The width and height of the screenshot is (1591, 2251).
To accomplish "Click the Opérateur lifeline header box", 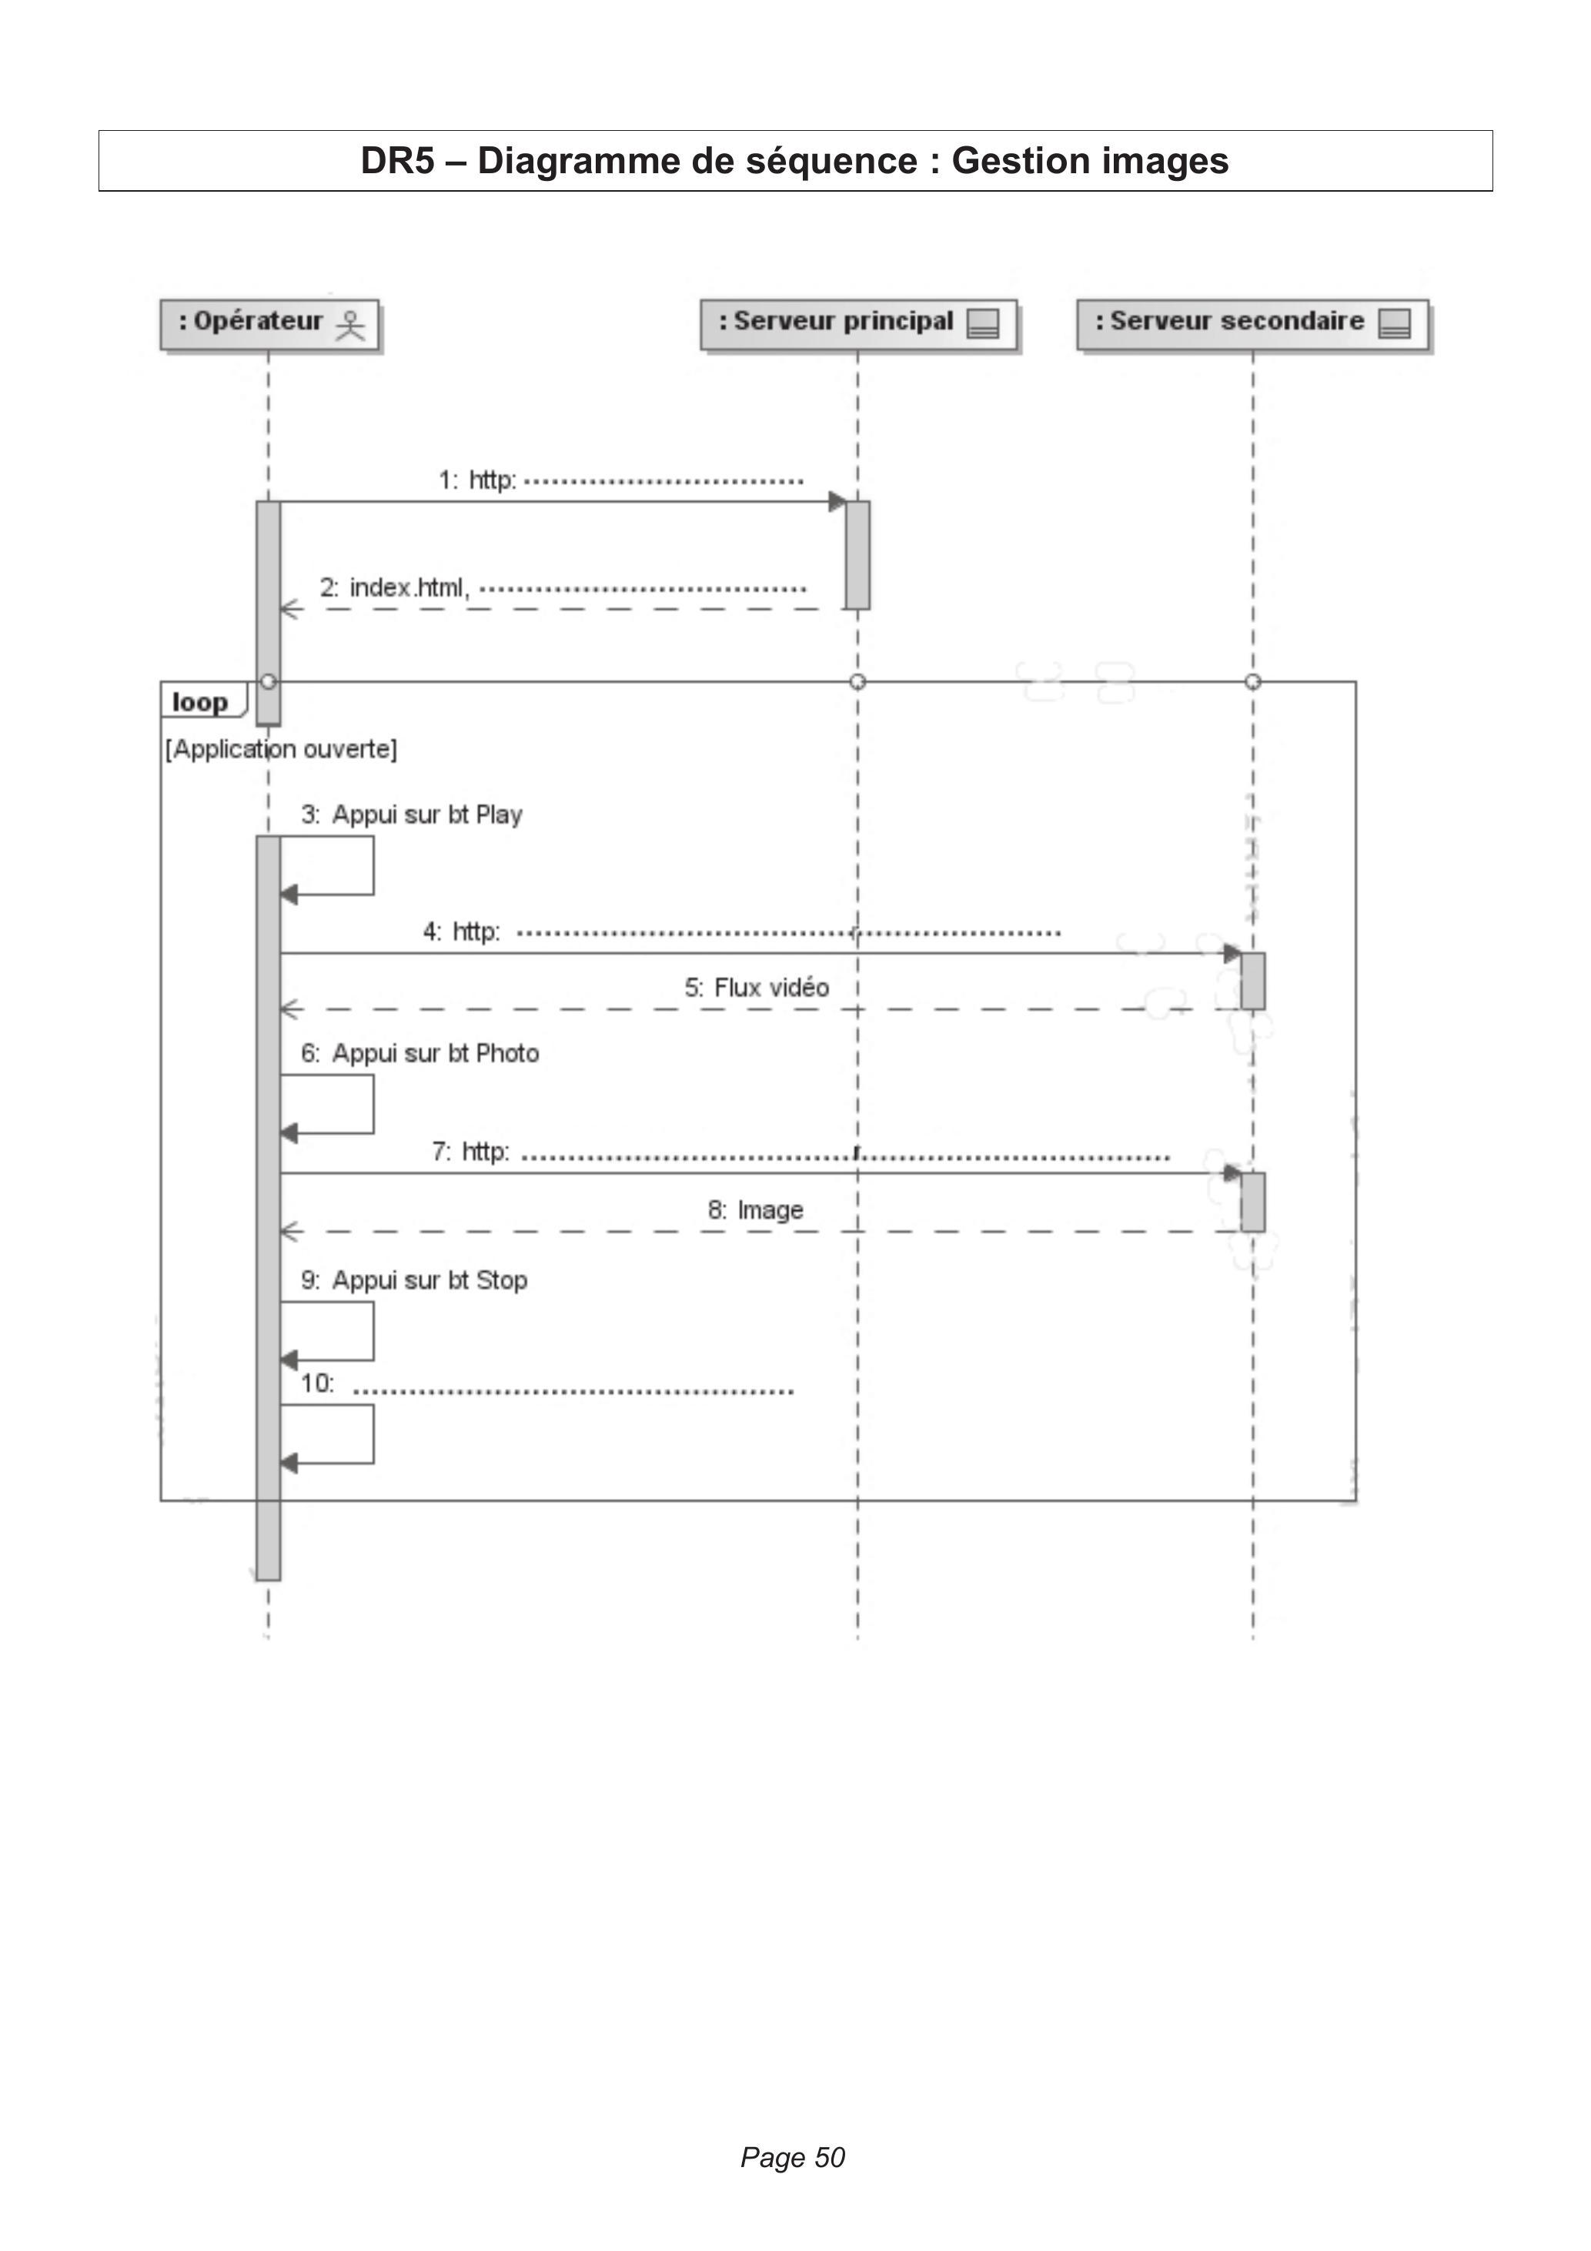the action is coord(269,325).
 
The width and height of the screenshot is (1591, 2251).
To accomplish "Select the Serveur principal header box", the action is coord(859,325).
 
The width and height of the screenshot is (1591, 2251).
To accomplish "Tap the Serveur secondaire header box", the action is coord(1253,325).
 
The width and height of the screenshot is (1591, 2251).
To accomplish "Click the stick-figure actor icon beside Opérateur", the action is coord(350,325).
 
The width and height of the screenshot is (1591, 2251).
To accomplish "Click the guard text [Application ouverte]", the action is coord(282,749).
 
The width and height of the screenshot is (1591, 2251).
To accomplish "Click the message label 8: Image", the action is coord(756,1210).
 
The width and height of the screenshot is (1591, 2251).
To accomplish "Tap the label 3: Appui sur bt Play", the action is coord(412,814).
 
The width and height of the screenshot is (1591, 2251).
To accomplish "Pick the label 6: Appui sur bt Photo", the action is coord(420,1053).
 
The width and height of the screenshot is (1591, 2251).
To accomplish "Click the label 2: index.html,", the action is coord(395,587).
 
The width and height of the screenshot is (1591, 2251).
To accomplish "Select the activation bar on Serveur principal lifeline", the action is coord(857,555).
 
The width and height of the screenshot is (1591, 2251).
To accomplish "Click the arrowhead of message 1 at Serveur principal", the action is coord(837,502).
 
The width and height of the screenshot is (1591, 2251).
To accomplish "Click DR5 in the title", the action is coord(397,161).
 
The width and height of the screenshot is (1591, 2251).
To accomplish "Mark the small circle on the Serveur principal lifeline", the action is coord(857,681).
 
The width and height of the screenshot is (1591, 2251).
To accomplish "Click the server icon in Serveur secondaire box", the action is coord(1395,323).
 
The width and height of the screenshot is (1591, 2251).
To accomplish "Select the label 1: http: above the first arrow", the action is coord(477,480).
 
